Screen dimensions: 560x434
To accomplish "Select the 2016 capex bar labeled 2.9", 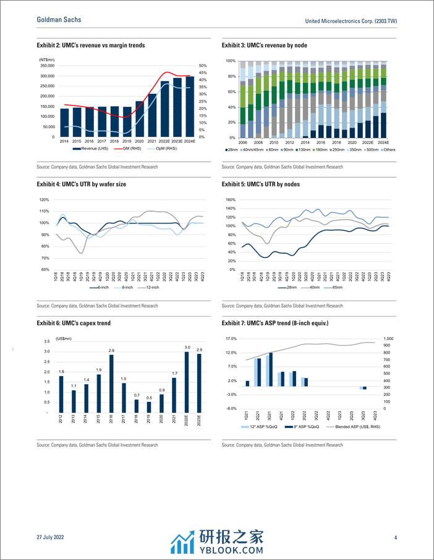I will (x=111, y=383).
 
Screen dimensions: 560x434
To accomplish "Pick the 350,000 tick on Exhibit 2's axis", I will (x=47, y=65).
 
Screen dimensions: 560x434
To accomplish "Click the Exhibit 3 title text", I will (x=265, y=45).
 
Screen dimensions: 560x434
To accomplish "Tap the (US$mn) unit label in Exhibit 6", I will (x=64, y=338).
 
